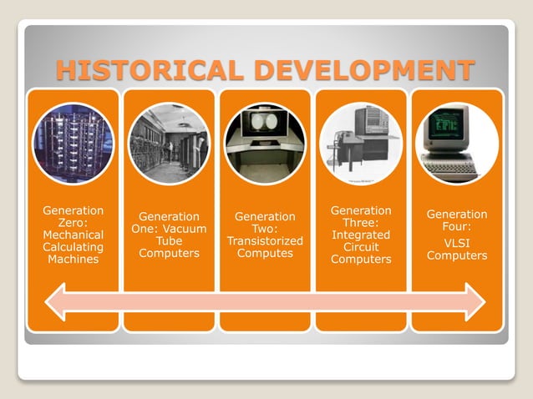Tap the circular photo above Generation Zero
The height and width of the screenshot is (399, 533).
[73, 143]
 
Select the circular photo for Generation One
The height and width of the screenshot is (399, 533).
[169, 143]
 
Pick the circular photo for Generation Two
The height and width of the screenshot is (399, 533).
[265, 143]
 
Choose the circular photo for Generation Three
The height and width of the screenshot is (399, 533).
[361, 143]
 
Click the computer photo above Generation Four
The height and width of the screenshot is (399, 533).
[456, 143]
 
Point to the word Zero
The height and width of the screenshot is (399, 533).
[73, 223]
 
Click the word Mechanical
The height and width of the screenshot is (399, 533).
[73, 235]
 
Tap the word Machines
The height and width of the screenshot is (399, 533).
[73, 259]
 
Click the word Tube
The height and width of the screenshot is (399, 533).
[169, 240]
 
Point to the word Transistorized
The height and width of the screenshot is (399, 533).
[265, 240]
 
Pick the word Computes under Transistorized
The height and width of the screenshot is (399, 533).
[265, 253]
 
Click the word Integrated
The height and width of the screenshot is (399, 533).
[361, 235]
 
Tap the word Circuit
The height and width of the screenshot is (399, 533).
[361, 247]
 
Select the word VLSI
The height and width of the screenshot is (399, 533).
[457, 241]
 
